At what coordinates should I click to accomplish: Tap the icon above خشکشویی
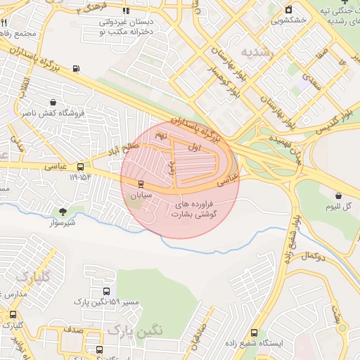pyautogui.click(x=288, y=9)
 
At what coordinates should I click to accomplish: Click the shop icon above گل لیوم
pyautogui.click(x=338, y=195)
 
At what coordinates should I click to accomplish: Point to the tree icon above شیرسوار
pyautogui.click(x=63, y=212)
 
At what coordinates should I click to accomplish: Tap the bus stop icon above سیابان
pyautogui.click(x=141, y=184)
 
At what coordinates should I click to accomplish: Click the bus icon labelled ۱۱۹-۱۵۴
pyautogui.click(x=81, y=167)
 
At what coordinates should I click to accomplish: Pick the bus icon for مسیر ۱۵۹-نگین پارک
pyautogui.click(x=106, y=291)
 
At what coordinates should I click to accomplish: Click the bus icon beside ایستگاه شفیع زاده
pyautogui.click(x=254, y=333)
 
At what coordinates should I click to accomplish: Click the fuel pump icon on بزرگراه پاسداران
pyautogui.click(x=76, y=69)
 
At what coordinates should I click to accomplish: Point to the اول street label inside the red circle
pyautogui.click(x=195, y=148)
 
